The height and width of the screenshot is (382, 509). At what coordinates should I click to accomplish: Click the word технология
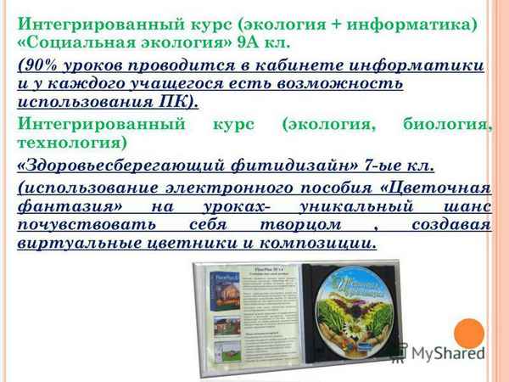59,143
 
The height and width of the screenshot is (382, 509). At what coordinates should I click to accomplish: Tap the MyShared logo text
450,351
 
